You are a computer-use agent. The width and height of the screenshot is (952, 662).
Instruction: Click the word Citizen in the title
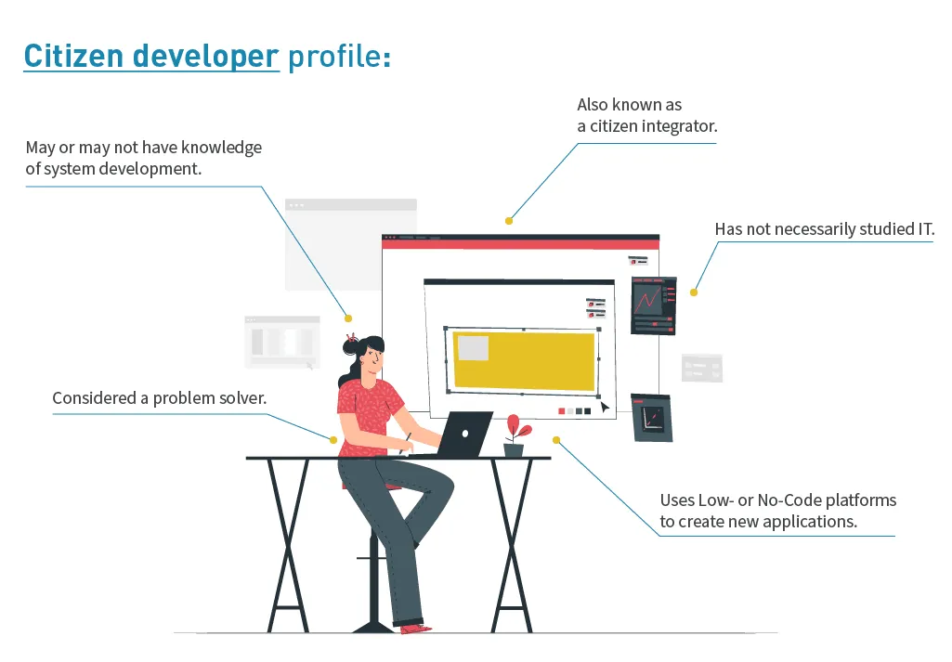pyautogui.click(x=73, y=56)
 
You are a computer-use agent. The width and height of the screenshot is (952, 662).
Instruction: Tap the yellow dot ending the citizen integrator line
pyautogui.click(x=509, y=221)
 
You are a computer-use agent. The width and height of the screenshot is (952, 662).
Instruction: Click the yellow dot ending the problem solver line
pyautogui.click(x=333, y=440)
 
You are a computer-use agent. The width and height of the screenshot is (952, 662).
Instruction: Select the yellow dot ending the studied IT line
pyautogui.click(x=694, y=292)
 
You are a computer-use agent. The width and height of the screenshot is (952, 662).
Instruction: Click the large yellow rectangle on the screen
pyautogui.click(x=524, y=360)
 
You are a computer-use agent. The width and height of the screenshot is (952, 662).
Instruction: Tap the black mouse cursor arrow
pyautogui.click(x=605, y=407)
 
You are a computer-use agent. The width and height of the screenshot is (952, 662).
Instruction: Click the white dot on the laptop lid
pyautogui.click(x=465, y=434)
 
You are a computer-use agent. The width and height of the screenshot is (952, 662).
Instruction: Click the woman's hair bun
pyautogui.click(x=350, y=346)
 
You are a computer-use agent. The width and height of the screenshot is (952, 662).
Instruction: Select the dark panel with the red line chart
pyautogui.click(x=654, y=305)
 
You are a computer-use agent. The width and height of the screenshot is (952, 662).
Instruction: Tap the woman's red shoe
pyautogui.click(x=415, y=629)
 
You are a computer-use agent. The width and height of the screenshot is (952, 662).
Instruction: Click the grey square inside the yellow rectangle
pyautogui.click(x=473, y=348)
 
